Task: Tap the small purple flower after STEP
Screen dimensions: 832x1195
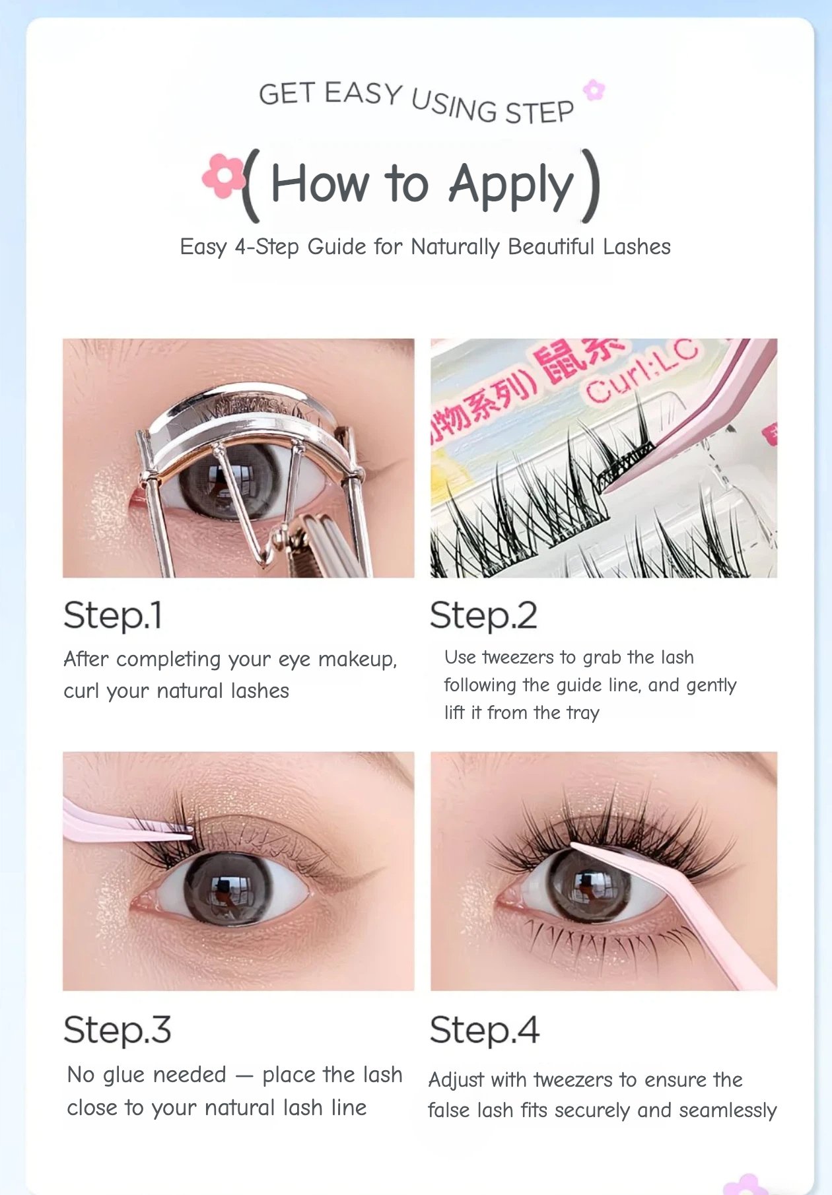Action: pyautogui.click(x=594, y=90)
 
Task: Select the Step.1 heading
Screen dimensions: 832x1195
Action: pyautogui.click(x=113, y=616)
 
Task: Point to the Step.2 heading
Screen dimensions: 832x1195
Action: pyautogui.click(x=483, y=616)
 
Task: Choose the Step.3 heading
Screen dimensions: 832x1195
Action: pyautogui.click(x=118, y=1030)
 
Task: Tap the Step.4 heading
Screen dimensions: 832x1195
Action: pyautogui.click(x=485, y=1030)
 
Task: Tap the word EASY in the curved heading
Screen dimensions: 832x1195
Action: pyautogui.click(x=363, y=93)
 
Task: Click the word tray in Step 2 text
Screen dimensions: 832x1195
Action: pyautogui.click(x=582, y=713)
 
